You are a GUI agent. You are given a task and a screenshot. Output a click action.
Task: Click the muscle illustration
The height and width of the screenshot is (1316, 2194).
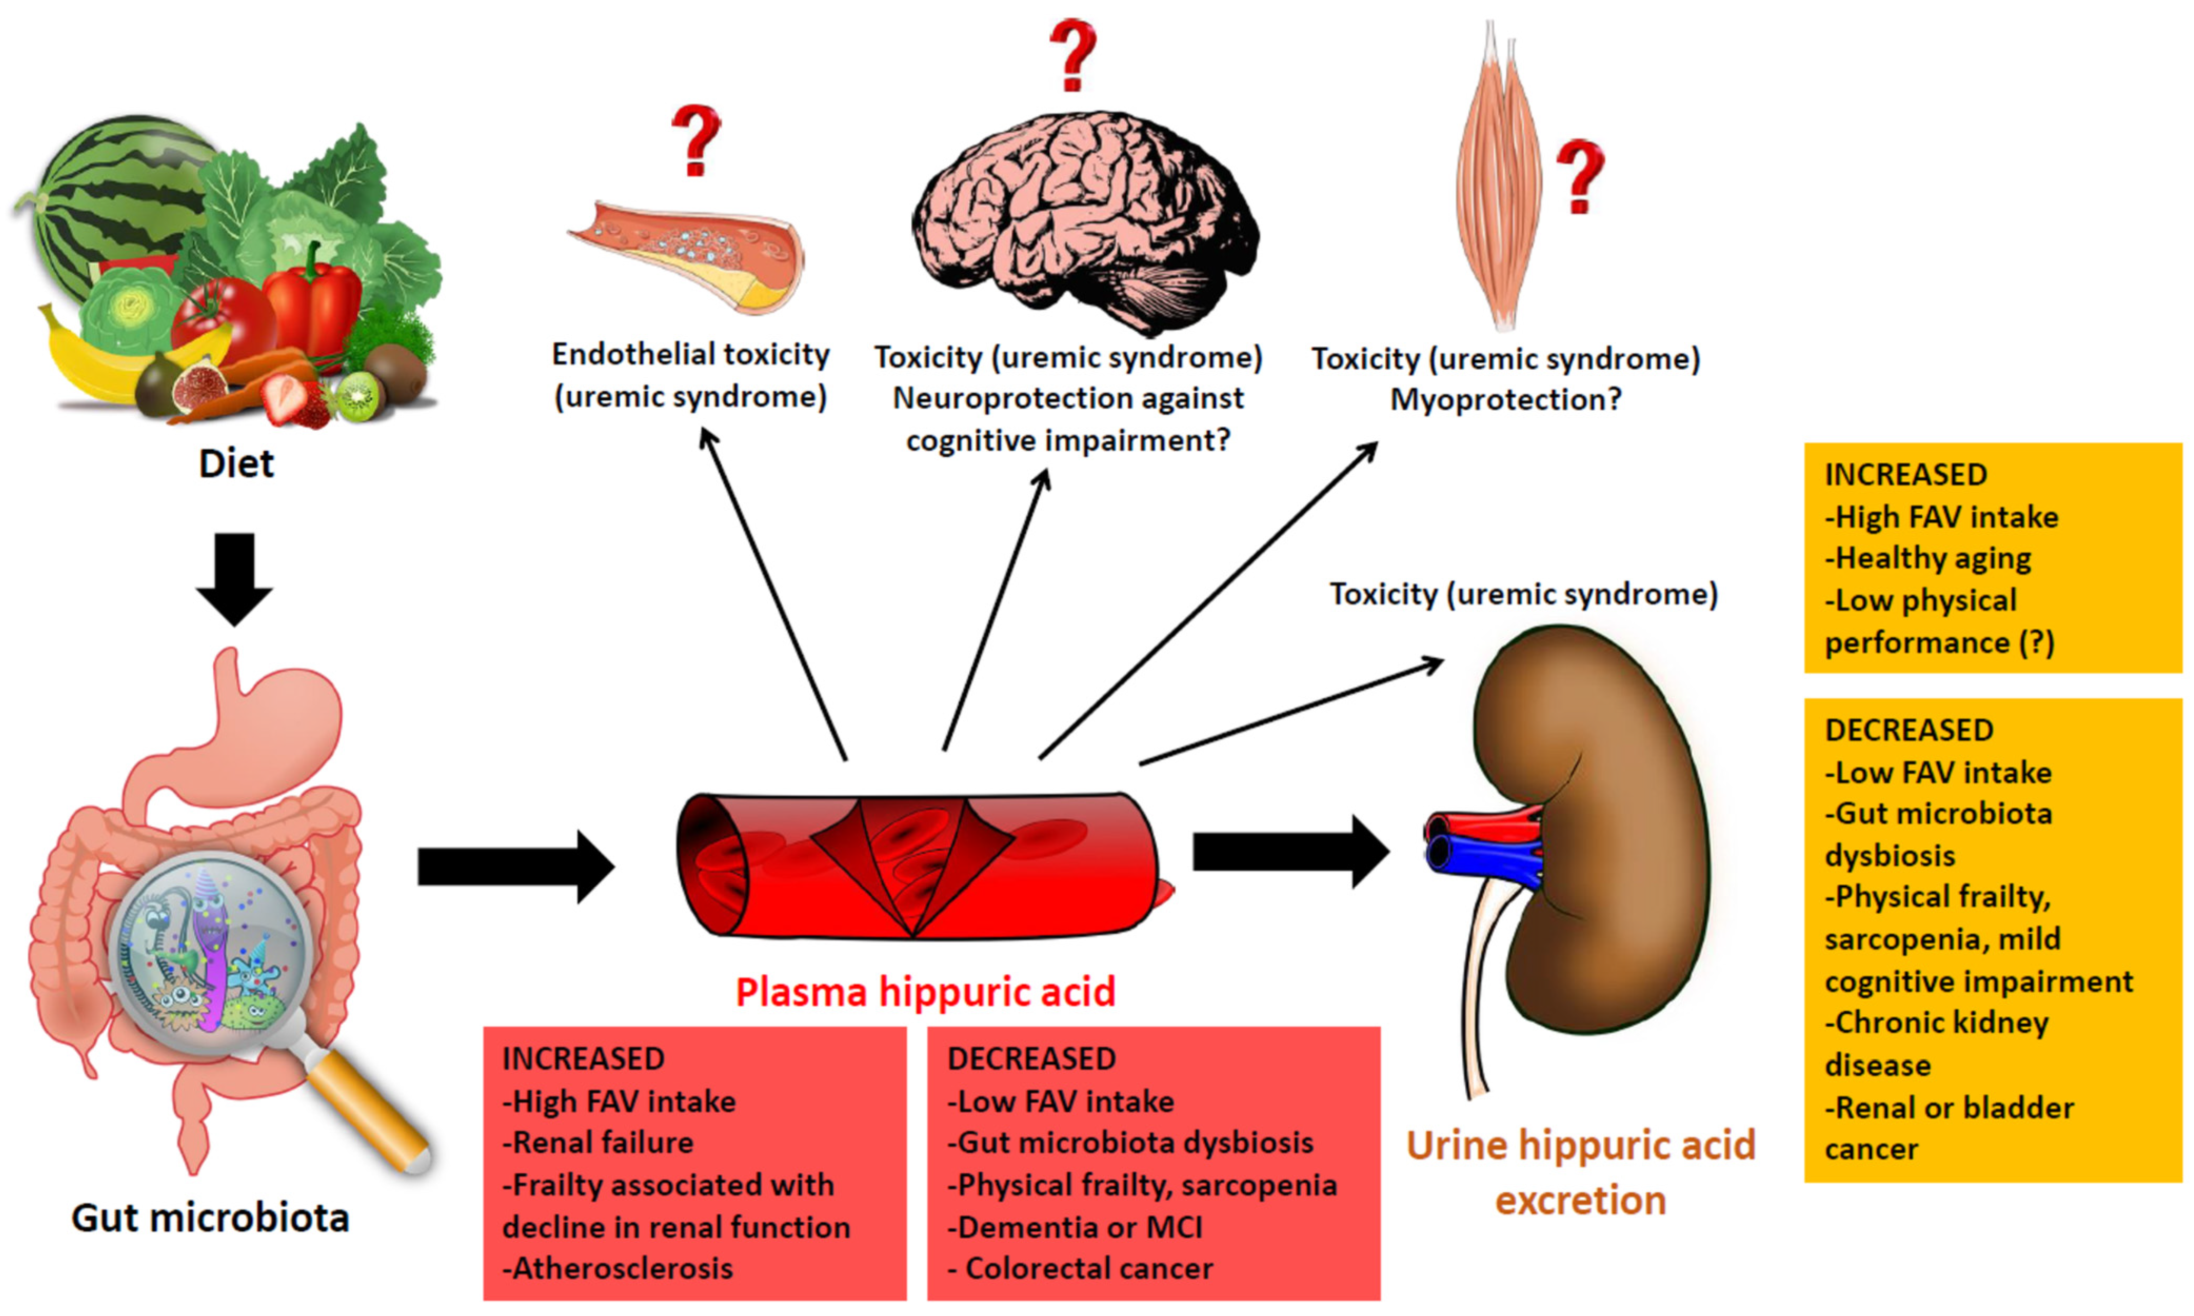pos(1498,177)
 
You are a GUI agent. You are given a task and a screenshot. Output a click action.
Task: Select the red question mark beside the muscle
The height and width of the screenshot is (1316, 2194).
pos(1580,175)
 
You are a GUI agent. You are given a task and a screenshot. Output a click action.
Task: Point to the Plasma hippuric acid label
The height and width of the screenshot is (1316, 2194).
pos(925,992)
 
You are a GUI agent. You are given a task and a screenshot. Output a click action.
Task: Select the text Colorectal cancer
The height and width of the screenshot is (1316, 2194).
pos(1089,1268)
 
